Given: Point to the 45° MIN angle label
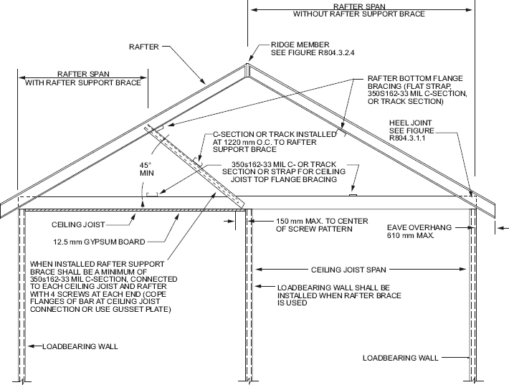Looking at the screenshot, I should (x=146, y=169).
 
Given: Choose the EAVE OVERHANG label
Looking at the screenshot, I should (x=419, y=227).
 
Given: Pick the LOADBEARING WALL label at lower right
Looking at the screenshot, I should (x=400, y=356).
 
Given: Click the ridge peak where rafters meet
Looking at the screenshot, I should (x=247, y=65).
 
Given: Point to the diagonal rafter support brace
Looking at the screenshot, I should (x=194, y=164).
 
